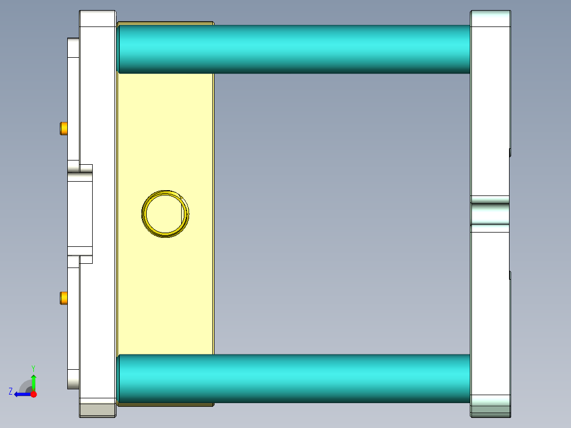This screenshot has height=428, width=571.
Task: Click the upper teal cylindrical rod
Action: [294, 49]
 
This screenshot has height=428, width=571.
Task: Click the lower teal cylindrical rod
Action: [294, 378]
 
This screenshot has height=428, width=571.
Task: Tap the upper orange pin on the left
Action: [64, 128]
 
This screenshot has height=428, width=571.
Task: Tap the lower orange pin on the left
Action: [64, 298]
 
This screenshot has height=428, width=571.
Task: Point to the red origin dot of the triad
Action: [33, 394]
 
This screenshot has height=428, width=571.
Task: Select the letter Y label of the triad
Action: [33, 368]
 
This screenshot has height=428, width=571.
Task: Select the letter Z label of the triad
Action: [11, 391]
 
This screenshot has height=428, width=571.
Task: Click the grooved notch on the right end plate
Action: [490, 213]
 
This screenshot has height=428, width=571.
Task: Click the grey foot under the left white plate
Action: [97, 410]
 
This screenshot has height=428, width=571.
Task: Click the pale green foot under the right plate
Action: [490, 410]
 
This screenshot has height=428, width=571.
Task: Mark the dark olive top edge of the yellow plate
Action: [165, 23]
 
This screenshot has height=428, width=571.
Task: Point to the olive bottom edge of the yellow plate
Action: [165, 405]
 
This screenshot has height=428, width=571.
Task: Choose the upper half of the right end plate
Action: [490, 106]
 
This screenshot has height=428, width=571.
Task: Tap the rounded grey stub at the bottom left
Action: [73, 379]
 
